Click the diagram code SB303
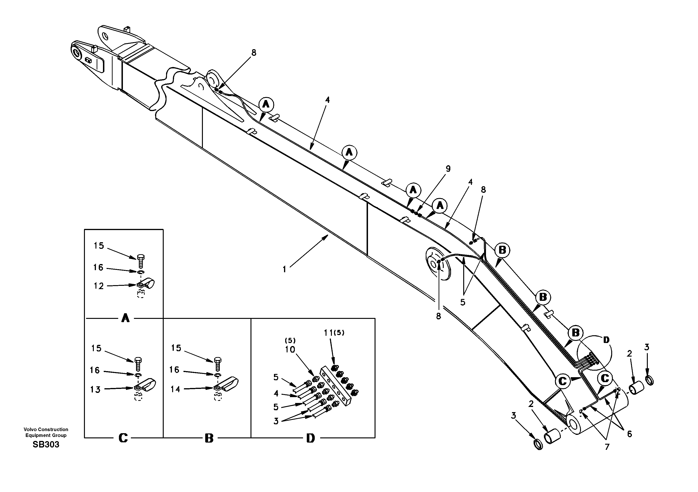point(46,445)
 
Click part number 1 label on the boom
point(284,269)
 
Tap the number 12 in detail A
point(99,286)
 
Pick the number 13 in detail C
point(95,389)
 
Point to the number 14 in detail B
point(175,389)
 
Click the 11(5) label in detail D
point(334,333)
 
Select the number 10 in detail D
point(290,350)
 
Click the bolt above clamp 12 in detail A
point(141,261)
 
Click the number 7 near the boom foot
point(607,447)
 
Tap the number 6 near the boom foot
point(629,434)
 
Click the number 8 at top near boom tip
point(254,53)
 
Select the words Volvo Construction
point(46,429)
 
